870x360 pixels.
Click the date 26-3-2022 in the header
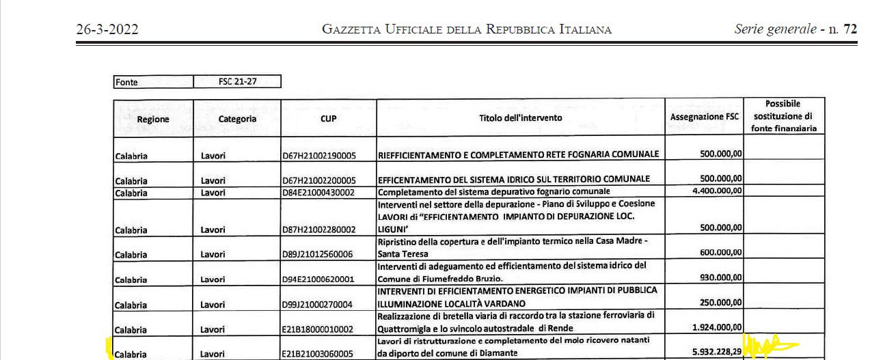click(x=107, y=29)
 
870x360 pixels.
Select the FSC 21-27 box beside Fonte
click(x=237, y=82)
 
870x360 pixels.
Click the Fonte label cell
click(x=154, y=82)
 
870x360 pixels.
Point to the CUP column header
click(x=329, y=118)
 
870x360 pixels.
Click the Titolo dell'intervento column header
click(x=521, y=117)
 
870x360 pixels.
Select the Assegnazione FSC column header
click(x=705, y=117)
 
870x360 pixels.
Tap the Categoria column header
click(x=237, y=118)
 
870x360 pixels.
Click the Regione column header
click(x=153, y=119)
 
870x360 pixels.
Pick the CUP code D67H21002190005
click(x=319, y=156)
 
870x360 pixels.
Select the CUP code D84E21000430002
click(x=319, y=193)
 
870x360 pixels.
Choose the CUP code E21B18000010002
click(x=319, y=329)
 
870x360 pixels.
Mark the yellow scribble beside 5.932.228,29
click(x=769, y=346)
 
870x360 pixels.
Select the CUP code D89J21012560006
click(x=319, y=254)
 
